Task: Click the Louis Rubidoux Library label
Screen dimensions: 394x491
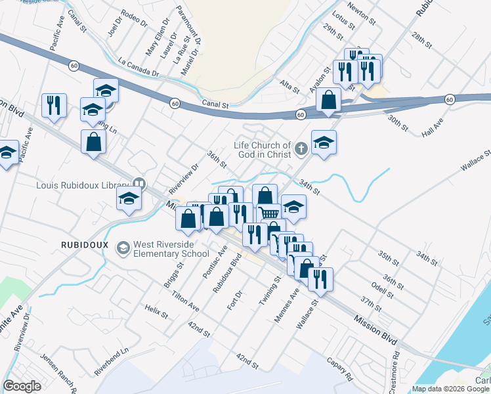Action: pos(82,185)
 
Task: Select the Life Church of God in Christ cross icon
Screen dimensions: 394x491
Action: pos(301,149)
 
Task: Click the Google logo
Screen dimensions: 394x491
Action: pos(22,386)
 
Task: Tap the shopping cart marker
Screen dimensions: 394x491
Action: pos(268,213)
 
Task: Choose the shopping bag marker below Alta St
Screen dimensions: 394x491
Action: pos(328,100)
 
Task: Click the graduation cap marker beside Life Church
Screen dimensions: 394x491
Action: pos(324,143)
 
